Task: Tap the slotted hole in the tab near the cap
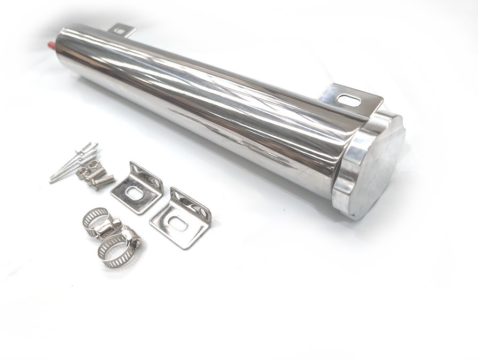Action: (350, 100)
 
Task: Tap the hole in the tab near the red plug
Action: (120, 32)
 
